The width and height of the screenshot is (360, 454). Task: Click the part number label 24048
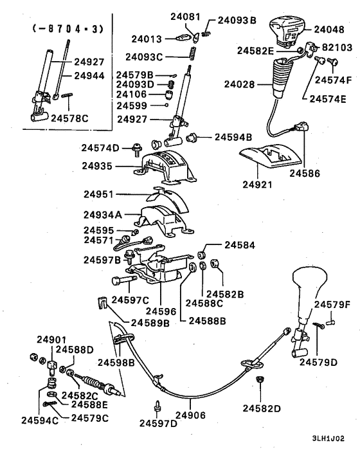pyautogui.click(x=330, y=30)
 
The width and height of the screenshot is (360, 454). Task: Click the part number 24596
pyautogui.click(x=165, y=311)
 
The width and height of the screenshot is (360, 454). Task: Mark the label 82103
pyautogui.click(x=337, y=48)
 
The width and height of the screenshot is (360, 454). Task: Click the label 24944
pyautogui.click(x=89, y=75)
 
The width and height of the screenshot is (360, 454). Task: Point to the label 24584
pyautogui.click(x=239, y=244)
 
